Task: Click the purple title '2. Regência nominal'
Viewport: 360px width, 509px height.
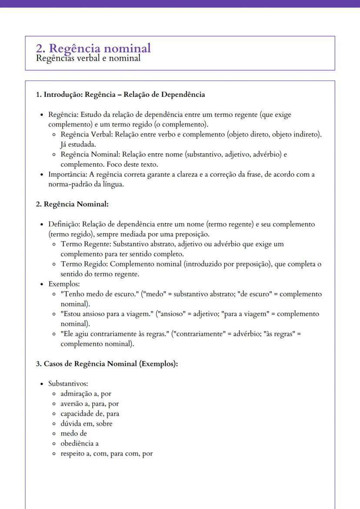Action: pyautogui.click(x=93, y=48)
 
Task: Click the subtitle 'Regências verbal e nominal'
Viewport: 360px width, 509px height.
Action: pyautogui.click(x=88, y=58)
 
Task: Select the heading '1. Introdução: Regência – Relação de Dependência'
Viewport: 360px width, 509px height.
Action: pyautogui.click(x=120, y=94)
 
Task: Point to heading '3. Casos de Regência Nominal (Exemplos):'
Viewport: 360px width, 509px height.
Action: pyautogui.click(x=107, y=364)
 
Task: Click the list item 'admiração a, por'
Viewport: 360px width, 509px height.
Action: pyautogui.click(x=86, y=394)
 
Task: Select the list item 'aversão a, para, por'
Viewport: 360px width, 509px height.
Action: pyautogui.click(x=90, y=404)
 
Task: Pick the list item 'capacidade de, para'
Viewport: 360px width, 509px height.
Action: pyautogui.click(x=90, y=414)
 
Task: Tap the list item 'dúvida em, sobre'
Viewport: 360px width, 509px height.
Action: pyautogui.click(x=87, y=424)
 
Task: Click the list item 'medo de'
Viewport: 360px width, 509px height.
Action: pyautogui.click(x=73, y=434)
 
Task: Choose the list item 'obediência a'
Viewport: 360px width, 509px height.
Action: pyautogui.click(x=80, y=444)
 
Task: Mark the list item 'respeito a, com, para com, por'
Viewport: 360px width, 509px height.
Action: pyautogui.click(x=107, y=454)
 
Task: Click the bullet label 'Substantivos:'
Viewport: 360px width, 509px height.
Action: pyautogui.click(x=68, y=384)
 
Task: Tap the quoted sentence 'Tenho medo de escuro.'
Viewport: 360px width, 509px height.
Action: pyautogui.click(x=100, y=294)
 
